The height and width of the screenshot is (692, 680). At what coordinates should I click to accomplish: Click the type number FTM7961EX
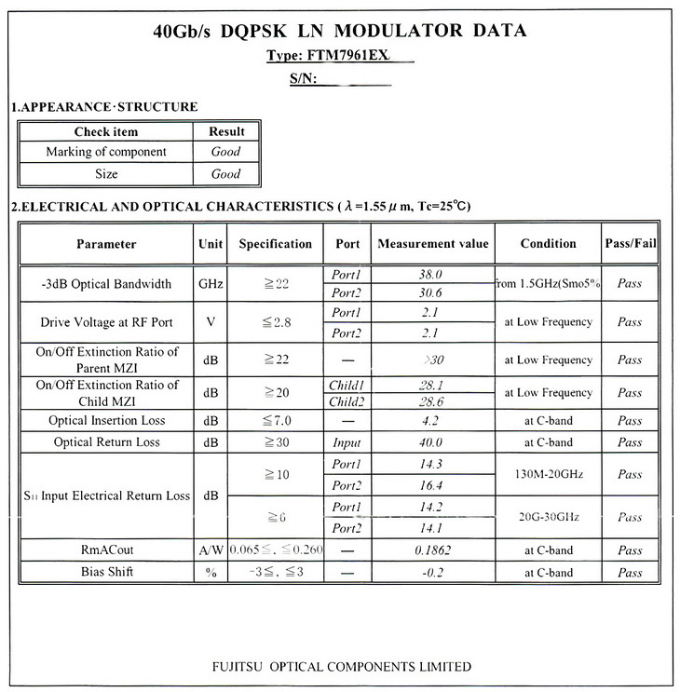[x=353, y=56]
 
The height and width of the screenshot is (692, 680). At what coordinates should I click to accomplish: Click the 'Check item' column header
[x=106, y=131]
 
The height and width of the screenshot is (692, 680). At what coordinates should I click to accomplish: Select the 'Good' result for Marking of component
[x=225, y=152]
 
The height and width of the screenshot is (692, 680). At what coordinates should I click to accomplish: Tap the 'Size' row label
[x=106, y=174]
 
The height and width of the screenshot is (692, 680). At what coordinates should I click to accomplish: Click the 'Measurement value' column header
[x=431, y=244]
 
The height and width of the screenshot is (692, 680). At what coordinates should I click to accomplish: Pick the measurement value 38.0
[x=431, y=276]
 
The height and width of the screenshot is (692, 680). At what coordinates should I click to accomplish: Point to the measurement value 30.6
[x=431, y=292]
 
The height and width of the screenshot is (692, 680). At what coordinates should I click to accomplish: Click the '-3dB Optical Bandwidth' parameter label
[x=106, y=283]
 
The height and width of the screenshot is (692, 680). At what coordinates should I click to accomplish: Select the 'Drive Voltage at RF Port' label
[x=106, y=322]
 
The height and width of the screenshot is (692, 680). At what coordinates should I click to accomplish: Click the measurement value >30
[x=431, y=360]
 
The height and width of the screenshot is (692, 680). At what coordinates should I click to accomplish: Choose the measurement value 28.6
[x=431, y=401]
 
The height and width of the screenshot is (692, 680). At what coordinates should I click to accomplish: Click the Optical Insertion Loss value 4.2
[x=431, y=420]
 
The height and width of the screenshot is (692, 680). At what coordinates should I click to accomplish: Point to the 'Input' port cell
[x=346, y=442]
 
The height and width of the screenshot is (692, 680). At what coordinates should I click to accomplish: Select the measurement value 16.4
[x=431, y=485]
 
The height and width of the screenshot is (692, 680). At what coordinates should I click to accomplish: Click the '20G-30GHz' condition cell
[x=548, y=517]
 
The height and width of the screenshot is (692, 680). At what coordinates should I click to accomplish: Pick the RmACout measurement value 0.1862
[x=431, y=550]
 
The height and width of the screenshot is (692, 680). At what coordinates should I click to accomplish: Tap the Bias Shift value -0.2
[x=431, y=573]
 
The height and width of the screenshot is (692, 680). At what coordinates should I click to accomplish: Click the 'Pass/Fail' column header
[x=631, y=244]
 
